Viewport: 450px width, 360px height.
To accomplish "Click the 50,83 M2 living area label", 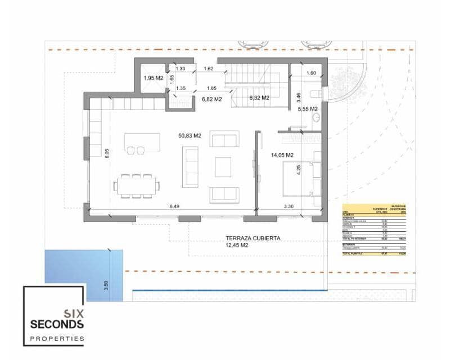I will [x=190, y=135].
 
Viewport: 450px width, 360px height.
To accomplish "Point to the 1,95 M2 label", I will [x=154, y=78].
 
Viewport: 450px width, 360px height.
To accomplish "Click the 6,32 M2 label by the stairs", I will [x=259, y=97].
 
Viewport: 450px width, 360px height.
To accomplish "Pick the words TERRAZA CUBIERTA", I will [x=253, y=238].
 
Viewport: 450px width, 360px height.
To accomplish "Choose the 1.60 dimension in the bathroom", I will [x=311, y=73].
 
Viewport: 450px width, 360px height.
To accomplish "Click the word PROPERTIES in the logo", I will [x=57, y=339].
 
